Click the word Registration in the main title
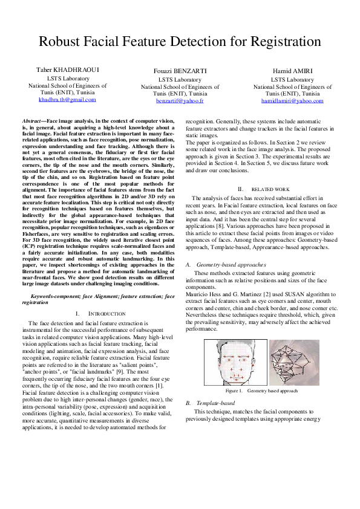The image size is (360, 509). point(279,42)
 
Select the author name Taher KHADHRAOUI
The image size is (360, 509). point(68,71)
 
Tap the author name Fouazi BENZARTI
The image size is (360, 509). point(180,71)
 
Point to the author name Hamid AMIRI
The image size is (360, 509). point(292,71)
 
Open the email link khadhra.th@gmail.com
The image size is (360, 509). point(67,99)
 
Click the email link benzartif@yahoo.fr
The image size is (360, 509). point(180,101)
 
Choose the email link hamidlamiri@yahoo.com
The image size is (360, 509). point(292,101)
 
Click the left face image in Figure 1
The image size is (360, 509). point(235,362)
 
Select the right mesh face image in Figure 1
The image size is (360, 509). point(294,362)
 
